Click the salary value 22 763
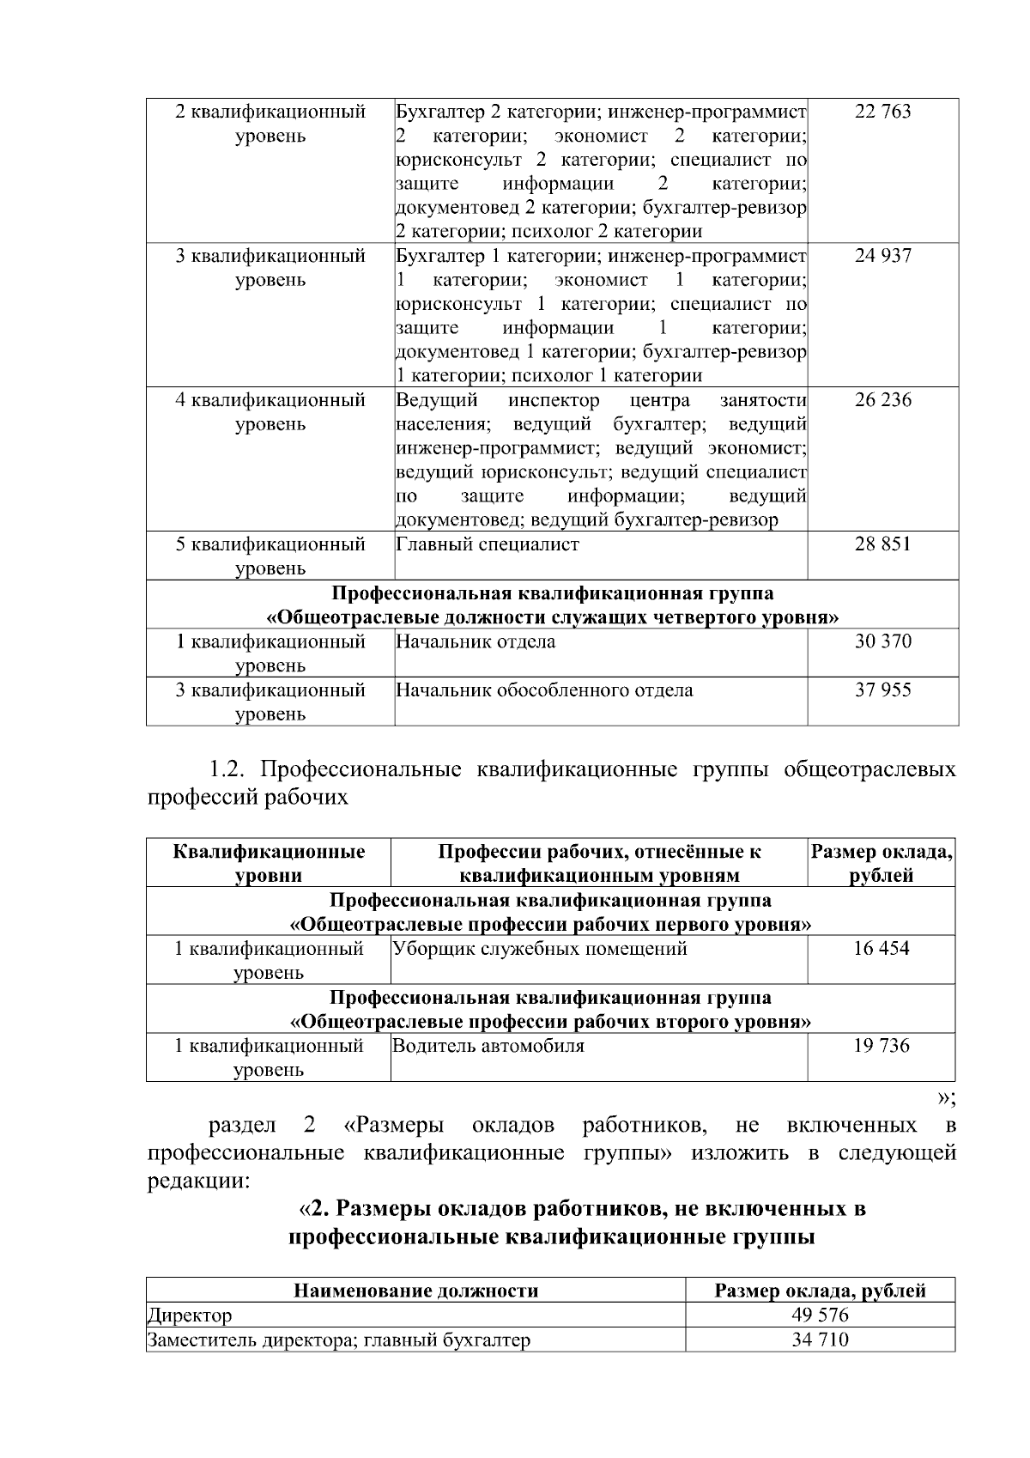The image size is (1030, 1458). pyautogui.click(x=882, y=112)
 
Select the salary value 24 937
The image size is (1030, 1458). pyautogui.click(x=882, y=256)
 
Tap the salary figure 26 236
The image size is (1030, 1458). pyautogui.click(x=882, y=400)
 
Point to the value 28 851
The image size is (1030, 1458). pyautogui.click(x=882, y=544)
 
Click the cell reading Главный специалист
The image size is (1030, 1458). pyautogui.click(x=488, y=544)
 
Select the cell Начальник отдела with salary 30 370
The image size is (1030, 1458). pyautogui.click(x=476, y=642)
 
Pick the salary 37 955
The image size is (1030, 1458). pyautogui.click(x=882, y=690)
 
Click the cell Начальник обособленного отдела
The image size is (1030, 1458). pyautogui.click(x=544, y=690)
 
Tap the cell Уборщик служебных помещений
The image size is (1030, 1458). pyautogui.click(x=540, y=949)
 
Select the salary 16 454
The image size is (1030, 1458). pyautogui.click(x=882, y=949)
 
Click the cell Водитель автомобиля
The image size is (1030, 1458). pyautogui.click(x=488, y=1046)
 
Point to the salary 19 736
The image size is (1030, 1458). pyautogui.click(x=882, y=1046)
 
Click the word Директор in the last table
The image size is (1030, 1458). pyautogui.click(x=190, y=1315)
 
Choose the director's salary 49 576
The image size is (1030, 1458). pyautogui.click(x=820, y=1315)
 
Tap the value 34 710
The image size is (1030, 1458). pyautogui.click(x=820, y=1340)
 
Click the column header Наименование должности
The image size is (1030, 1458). pyautogui.click(x=416, y=1291)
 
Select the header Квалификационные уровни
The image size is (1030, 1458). pyautogui.click(x=269, y=863)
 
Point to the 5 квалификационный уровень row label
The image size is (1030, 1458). pyautogui.click(x=270, y=555)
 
